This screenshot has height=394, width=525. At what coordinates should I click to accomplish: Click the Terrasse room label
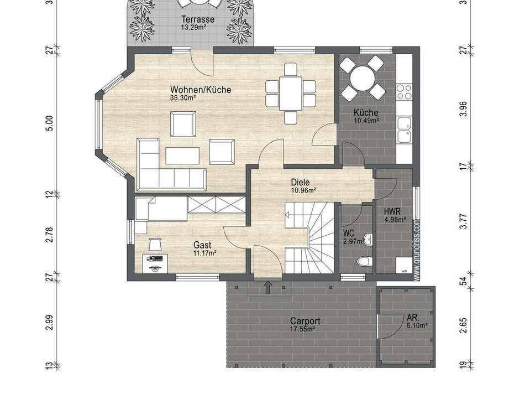197,19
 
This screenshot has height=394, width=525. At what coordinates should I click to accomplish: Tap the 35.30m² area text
183,98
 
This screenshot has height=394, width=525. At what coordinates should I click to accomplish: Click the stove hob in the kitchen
404,91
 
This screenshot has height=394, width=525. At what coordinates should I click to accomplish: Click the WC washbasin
368,240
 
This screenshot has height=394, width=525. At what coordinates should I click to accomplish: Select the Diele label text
300,182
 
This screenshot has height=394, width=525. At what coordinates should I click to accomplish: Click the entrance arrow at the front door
268,286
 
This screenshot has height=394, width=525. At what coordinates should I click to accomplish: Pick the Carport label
305,321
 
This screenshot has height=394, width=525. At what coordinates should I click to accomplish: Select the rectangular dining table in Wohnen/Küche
290,93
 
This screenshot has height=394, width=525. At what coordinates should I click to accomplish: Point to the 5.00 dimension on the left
49,123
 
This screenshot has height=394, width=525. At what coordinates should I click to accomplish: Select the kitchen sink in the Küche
404,130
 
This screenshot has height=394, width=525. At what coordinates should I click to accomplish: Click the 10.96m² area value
303,190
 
